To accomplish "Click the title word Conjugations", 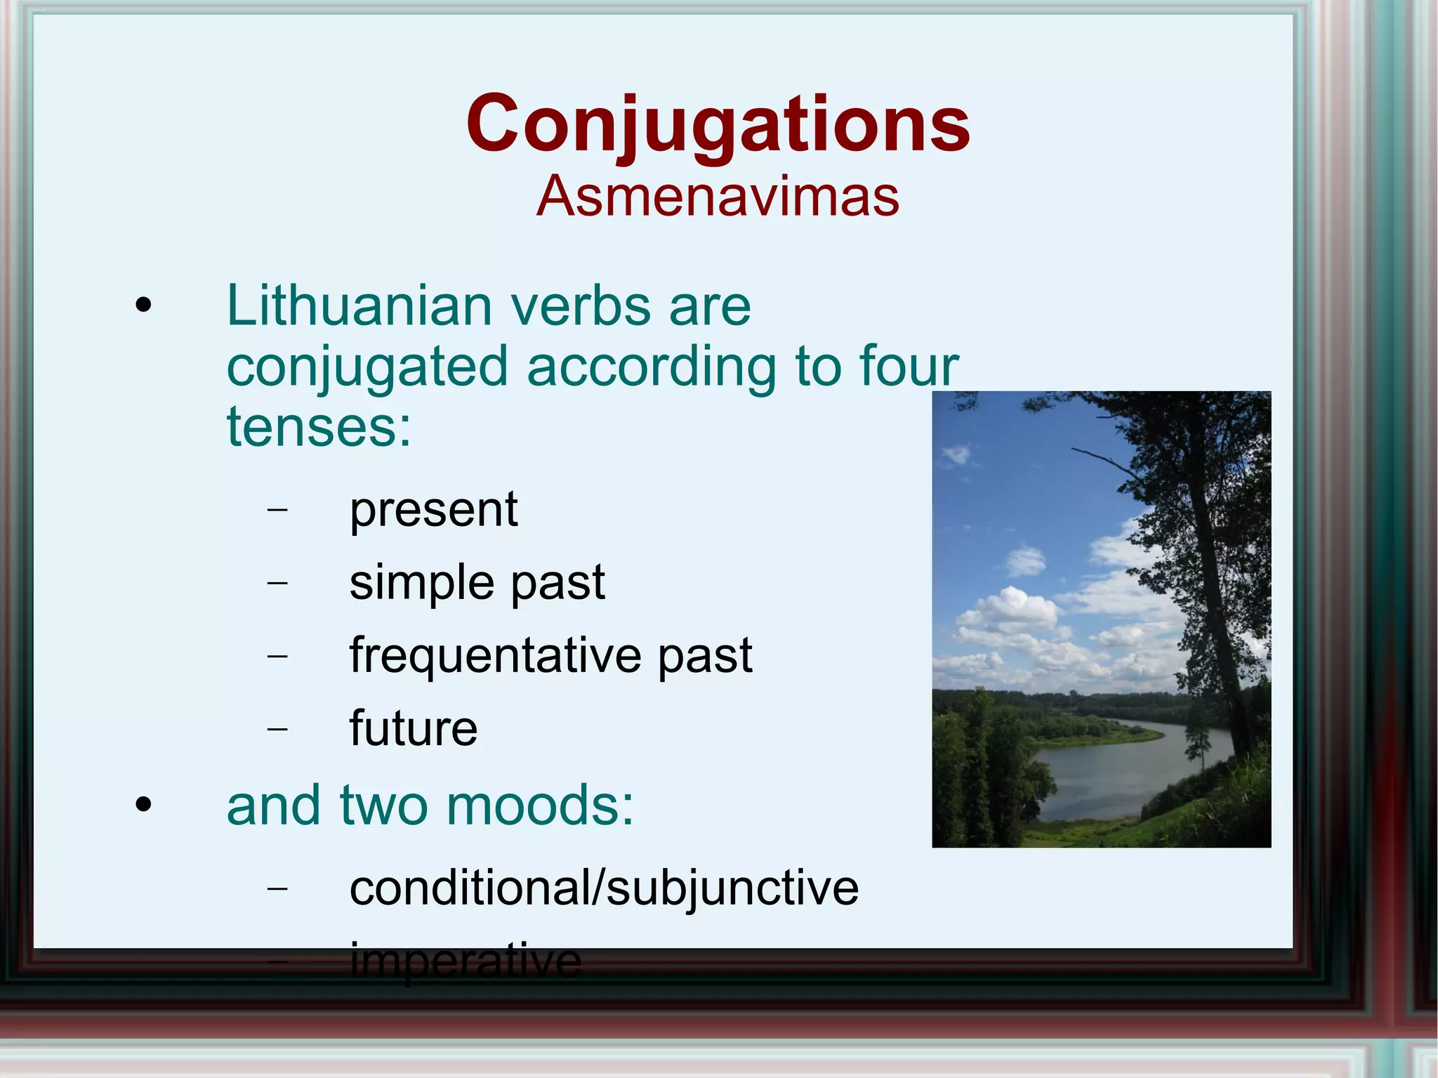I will tap(718, 124).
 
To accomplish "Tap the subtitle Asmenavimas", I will tap(718, 197).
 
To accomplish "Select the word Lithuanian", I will tap(359, 306).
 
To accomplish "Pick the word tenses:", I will tap(318, 426).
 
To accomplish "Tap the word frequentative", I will tap(495, 656).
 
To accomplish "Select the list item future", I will tap(413, 728).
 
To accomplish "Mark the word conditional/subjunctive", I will tap(604, 888).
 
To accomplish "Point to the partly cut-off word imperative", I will tap(466, 961).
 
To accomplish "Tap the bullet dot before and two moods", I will tap(143, 806).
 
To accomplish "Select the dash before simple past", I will tap(278, 583).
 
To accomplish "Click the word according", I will tap(651, 366).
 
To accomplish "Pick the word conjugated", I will tap(367, 367).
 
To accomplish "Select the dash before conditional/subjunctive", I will tap(278, 888).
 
